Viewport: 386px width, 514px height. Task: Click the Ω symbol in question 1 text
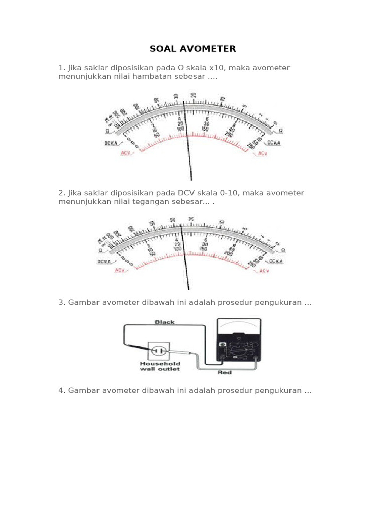tap(181, 68)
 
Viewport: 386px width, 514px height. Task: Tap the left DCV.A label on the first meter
tap(112, 143)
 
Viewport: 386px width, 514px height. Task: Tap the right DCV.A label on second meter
tap(276, 261)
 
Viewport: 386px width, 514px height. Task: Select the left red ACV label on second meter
tap(120, 270)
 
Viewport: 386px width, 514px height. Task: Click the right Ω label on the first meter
tap(280, 130)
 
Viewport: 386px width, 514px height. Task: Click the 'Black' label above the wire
tap(164, 322)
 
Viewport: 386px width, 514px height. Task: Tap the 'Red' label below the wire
tap(224, 373)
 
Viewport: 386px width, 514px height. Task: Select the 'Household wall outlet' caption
tap(159, 366)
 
